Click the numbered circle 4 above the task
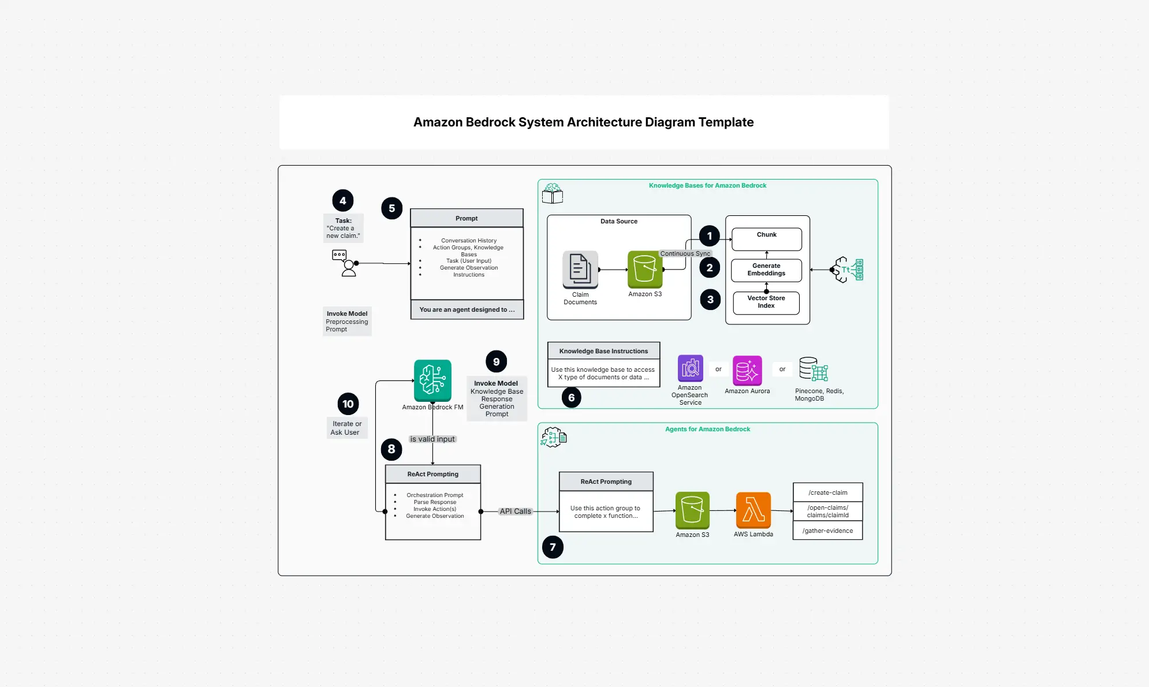343,201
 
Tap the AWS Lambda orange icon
753,510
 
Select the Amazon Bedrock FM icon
432,380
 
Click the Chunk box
767,239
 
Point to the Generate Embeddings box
767,270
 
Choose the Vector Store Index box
766,303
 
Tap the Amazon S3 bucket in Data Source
645,270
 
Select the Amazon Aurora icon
747,371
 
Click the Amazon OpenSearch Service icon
690,368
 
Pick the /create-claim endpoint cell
828,492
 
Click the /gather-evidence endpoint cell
828,531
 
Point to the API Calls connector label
515,511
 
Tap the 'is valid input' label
432,439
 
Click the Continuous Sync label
685,253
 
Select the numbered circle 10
348,404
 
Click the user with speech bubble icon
345,263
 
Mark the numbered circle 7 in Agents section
553,547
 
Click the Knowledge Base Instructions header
603,351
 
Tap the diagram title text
583,122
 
